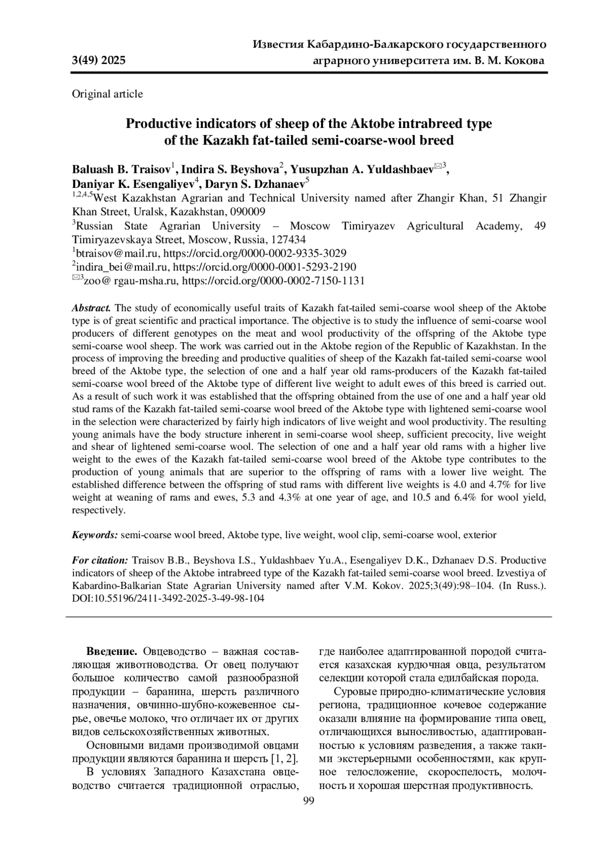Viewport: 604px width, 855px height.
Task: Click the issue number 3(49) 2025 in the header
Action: tap(99, 61)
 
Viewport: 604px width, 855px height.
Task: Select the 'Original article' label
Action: tap(107, 94)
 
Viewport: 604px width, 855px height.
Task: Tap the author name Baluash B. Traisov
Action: tap(121, 168)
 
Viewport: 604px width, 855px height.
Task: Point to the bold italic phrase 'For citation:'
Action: tap(100, 560)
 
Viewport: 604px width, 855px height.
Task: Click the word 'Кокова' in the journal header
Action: tap(523, 61)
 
